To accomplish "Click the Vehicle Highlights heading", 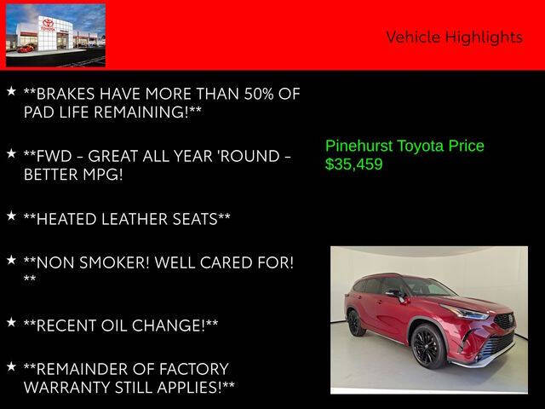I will tap(454, 37).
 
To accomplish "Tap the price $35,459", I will tap(354, 164).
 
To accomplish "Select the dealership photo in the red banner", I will tap(56, 35).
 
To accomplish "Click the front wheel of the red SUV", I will tap(426, 345).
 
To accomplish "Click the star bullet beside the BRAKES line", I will tap(11, 89).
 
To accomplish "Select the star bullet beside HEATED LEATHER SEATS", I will tap(11, 216).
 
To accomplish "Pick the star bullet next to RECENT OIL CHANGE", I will tap(11, 322).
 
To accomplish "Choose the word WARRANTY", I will tap(71, 388).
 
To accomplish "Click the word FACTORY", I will tap(185, 369).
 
